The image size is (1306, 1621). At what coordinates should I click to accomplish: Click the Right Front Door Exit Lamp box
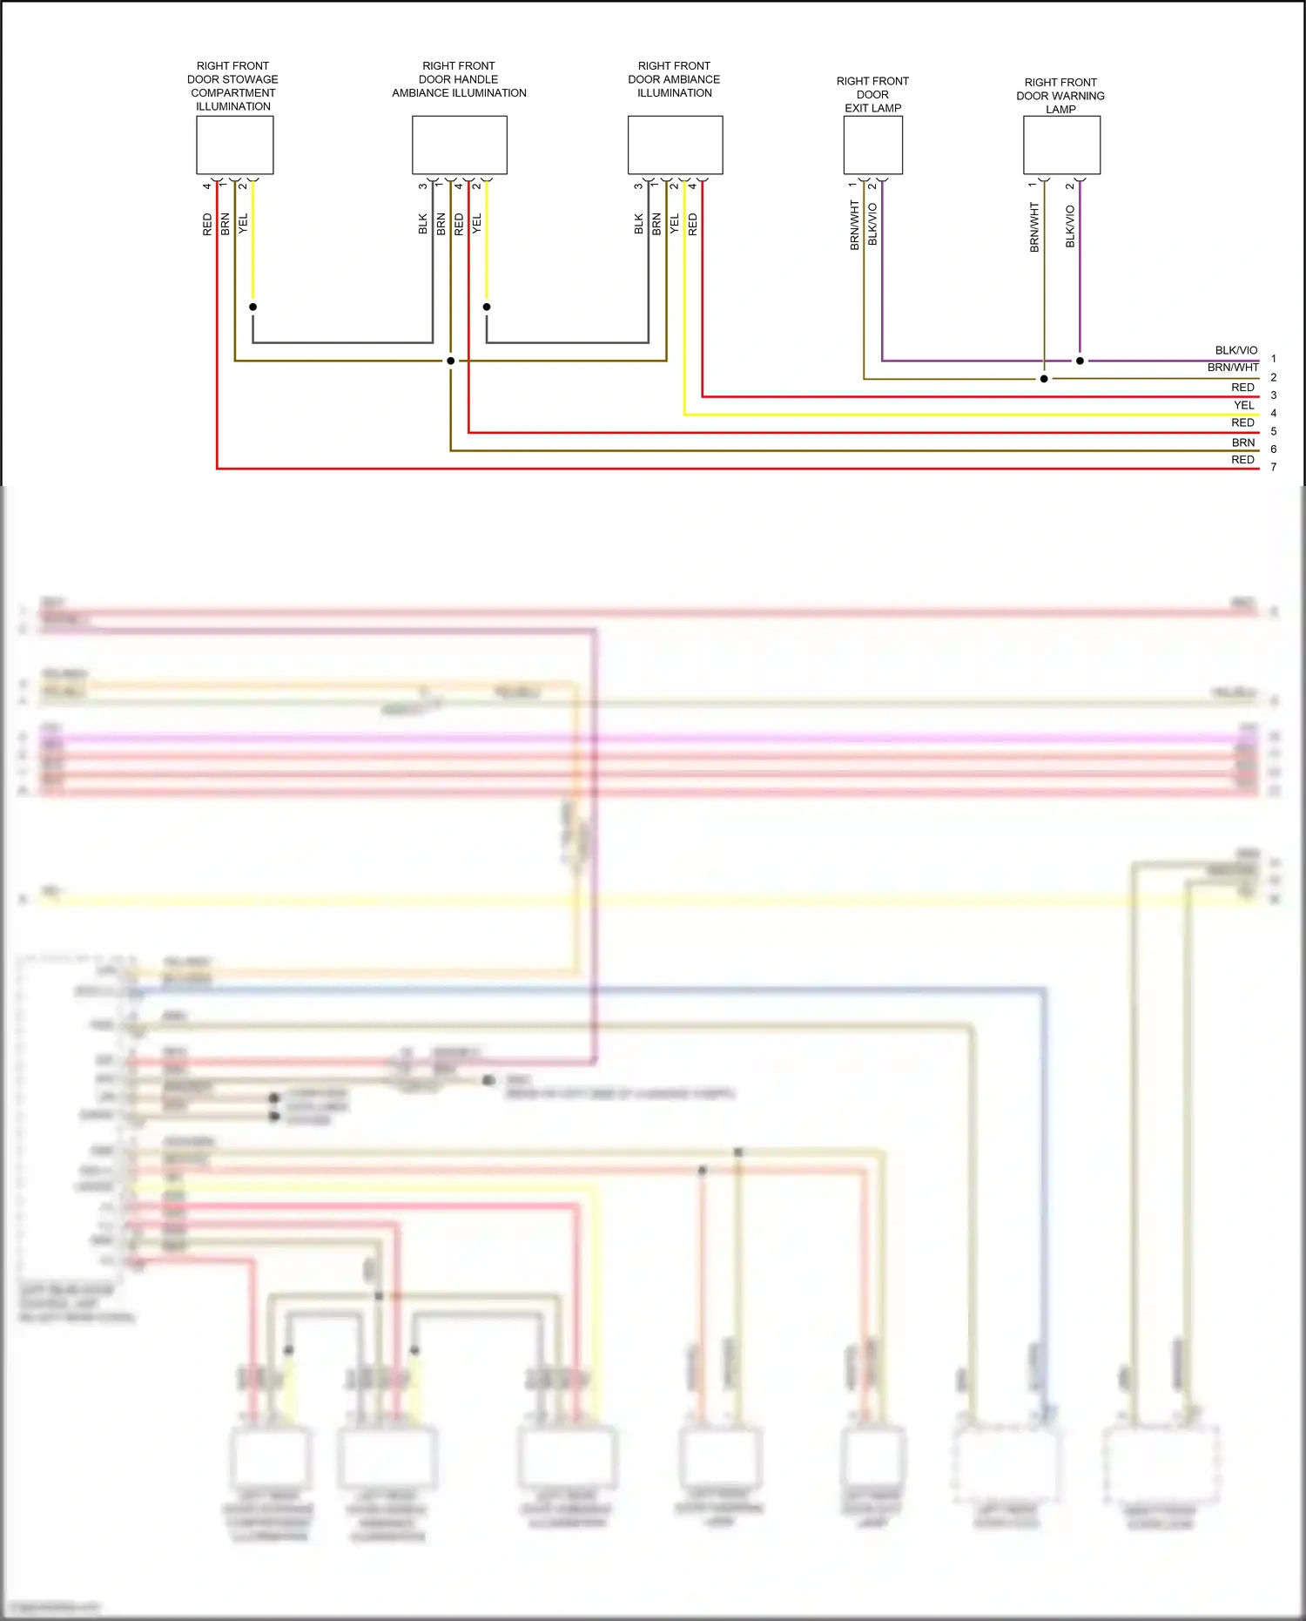pos(872,145)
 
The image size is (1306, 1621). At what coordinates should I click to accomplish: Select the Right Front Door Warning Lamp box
pos(1061,145)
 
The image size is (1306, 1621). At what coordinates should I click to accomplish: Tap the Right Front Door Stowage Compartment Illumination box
pos(234,145)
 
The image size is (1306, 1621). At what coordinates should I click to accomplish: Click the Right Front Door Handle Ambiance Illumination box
pos(459,145)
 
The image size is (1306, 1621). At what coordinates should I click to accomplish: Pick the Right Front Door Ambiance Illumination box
pos(675,145)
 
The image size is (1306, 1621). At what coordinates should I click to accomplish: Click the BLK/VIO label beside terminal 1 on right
pos(1235,350)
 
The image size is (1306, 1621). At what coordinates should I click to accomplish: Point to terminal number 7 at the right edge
pos(1273,467)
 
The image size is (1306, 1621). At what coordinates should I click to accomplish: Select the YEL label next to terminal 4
pos(1243,405)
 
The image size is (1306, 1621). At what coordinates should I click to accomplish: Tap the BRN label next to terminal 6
pos(1242,442)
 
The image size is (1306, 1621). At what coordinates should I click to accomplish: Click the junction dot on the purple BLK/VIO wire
pos(1080,361)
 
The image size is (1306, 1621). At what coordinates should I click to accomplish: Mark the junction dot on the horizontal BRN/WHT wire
pos(1044,379)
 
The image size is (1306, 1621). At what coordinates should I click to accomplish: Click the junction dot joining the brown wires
pos(450,361)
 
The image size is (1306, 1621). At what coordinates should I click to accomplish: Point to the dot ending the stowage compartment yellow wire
pos(252,307)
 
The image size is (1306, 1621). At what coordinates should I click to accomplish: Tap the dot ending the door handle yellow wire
pos(487,307)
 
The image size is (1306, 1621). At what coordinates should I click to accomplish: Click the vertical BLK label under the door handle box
pos(423,224)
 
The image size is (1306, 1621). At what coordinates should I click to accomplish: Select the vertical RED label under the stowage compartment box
pos(207,224)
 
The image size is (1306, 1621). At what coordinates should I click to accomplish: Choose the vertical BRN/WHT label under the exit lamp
pos(854,226)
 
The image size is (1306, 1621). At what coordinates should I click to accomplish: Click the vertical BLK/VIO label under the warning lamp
pos(1070,226)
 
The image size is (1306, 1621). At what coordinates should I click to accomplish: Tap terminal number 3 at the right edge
pos(1273,395)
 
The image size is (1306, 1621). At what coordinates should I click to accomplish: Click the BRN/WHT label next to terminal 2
pos(1232,368)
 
